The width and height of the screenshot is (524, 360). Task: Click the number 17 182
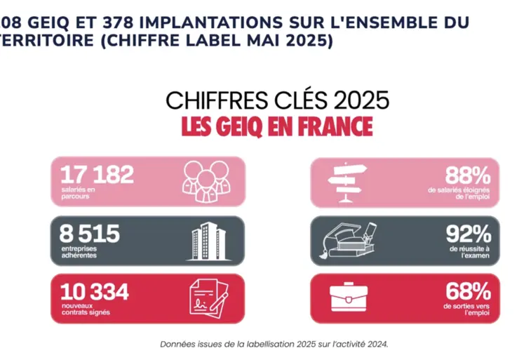97,175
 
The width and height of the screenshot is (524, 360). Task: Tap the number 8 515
90,234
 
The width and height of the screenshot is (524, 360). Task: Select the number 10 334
95,291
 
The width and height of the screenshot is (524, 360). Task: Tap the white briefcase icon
349,298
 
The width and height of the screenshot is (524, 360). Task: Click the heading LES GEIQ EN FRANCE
277,127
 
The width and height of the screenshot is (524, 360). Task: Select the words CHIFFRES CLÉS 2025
277,100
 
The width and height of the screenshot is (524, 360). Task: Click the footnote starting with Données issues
274,344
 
